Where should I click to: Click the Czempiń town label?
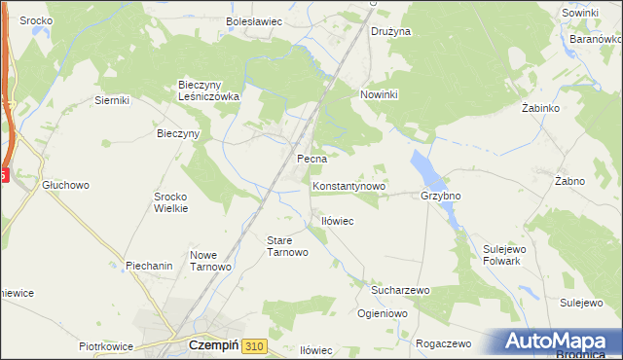pyautogui.click(x=209, y=345)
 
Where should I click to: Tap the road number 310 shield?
pyautogui.click(x=255, y=345)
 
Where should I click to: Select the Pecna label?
pyautogui.click(x=311, y=159)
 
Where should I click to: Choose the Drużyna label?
pyautogui.click(x=391, y=31)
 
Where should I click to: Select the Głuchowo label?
pyautogui.click(x=65, y=184)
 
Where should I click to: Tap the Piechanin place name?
pyautogui.click(x=149, y=266)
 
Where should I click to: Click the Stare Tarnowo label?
pyautogui.click(x=287, y=245)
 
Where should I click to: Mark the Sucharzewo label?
pyautogui.click(x=400, y=290)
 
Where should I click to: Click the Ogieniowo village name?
pyautogui.click(x=382, y=313)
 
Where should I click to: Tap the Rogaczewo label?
pyautogui.click(x=443, y=343)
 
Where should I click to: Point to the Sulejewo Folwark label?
pyautogui.click(x=504, y=255)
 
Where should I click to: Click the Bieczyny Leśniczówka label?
pyautogui.click(x=208, y=90)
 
